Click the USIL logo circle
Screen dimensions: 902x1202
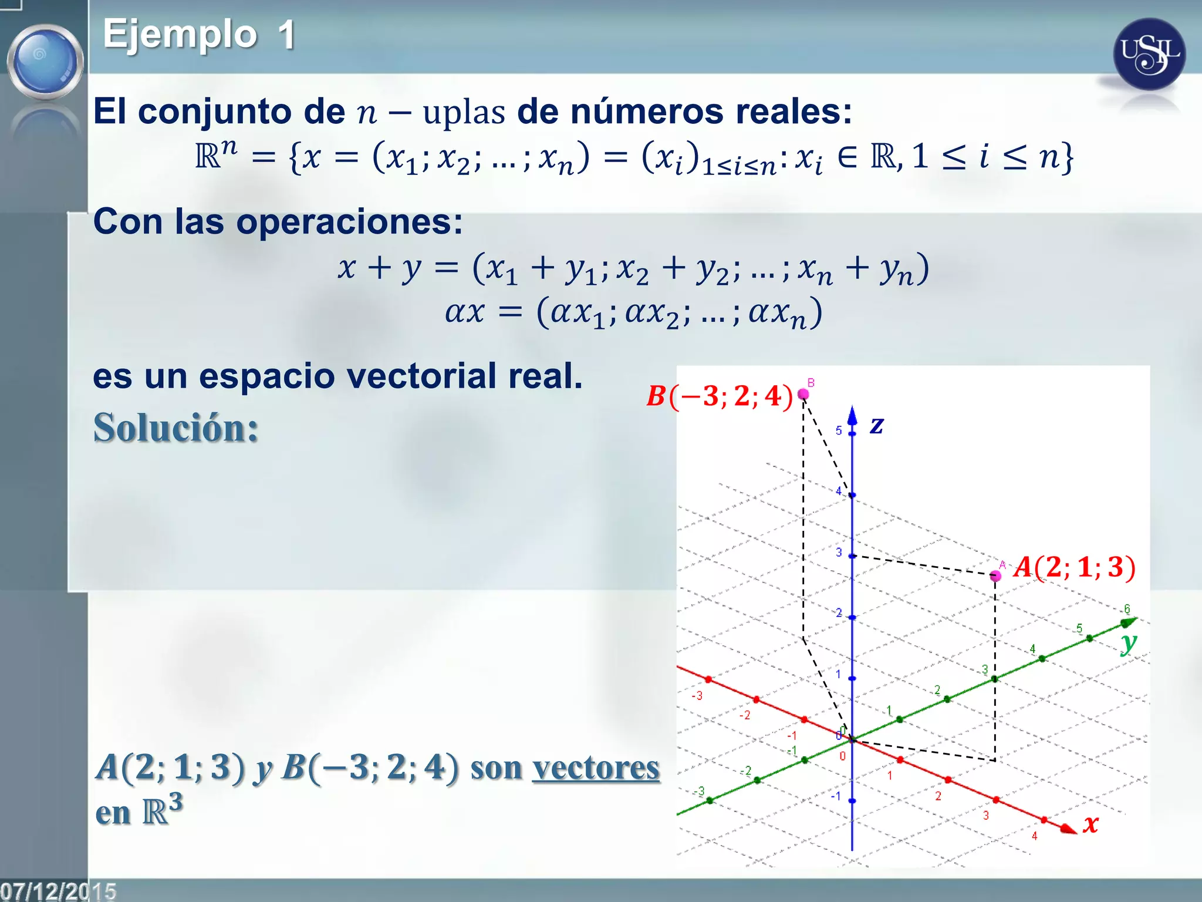pos(1149,55)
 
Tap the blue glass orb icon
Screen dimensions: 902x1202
pos(45,61)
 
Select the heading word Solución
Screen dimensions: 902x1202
pos(175,428)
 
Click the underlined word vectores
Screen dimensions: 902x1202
pos(596,767)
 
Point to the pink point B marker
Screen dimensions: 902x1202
pos(803,394)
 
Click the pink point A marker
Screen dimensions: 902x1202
pos(995,575)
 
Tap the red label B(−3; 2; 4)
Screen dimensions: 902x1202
pos(720,396)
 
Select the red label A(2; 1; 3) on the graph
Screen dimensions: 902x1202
pos(1075,567)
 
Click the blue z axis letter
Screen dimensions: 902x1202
pos(876,425)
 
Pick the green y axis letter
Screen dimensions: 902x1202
pos(1128,643)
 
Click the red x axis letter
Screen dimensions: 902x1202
pos(1090,823)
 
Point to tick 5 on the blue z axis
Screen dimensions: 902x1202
pos(852,433)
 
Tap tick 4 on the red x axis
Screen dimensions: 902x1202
pos(1044,820)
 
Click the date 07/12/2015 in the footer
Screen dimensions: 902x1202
pos(58,891)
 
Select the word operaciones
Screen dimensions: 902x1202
pos(349,223)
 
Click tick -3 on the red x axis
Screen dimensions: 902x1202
pos(708,679)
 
